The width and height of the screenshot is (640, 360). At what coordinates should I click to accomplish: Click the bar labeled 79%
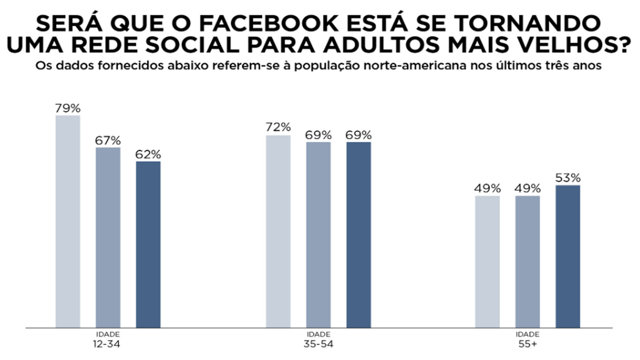click(68, 221)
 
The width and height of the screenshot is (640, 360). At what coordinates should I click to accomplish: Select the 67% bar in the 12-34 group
click(108, 237)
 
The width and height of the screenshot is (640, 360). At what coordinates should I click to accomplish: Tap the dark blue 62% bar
click(148, 244)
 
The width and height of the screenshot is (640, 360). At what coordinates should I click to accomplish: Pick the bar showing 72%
click(278, 231)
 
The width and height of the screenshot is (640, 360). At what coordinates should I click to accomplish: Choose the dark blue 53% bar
click(568, 256)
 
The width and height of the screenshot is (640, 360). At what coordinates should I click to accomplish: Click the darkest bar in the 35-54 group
click(359, 234)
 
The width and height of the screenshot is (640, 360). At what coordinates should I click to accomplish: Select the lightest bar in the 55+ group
click(487, 262)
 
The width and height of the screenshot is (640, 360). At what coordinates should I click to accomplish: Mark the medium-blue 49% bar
click(528, 262)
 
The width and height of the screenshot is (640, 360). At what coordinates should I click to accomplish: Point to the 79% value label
click(68, 109)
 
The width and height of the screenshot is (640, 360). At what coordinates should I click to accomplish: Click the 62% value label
click(148, 154)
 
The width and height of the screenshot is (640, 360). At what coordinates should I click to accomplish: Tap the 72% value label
click(278, 127)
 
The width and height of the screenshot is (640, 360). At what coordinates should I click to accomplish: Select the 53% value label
click(568, 178)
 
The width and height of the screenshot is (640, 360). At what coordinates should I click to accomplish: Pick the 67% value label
click(108, 140)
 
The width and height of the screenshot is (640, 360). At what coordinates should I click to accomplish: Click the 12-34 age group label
click(108, 344)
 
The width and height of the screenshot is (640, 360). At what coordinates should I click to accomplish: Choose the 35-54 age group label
click(319, 344)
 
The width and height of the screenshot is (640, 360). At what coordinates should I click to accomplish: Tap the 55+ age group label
click(528, 344)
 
